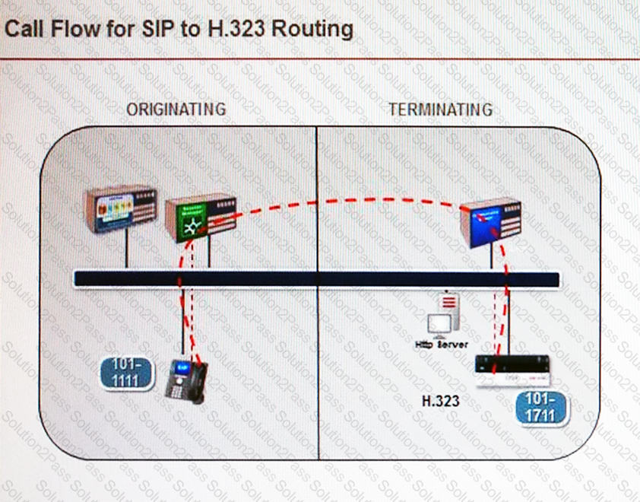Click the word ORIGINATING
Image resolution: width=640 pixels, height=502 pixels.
tap(176, 109)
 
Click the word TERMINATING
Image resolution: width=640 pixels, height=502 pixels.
tap(440, 110)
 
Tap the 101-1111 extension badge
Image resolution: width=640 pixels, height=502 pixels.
tap(126, 373)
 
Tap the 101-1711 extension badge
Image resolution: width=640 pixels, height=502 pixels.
tap(540, 408)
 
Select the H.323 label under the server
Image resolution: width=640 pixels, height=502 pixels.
tap(441, 401)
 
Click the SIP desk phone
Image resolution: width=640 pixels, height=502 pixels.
tap(187, 381)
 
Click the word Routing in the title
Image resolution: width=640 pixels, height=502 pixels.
tap(314, 30)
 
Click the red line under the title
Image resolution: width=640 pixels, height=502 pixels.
tap(320, 59)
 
